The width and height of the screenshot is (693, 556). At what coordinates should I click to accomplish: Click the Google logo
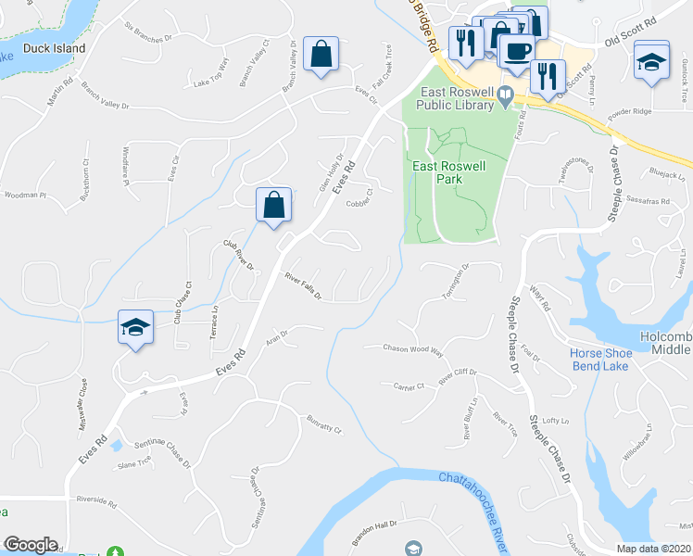pos(31,545)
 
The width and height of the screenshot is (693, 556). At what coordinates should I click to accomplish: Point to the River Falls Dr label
pos(303,285)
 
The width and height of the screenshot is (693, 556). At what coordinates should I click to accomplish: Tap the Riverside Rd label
pos(97,505)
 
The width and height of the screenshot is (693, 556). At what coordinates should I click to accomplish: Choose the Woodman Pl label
pos(25,196)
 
